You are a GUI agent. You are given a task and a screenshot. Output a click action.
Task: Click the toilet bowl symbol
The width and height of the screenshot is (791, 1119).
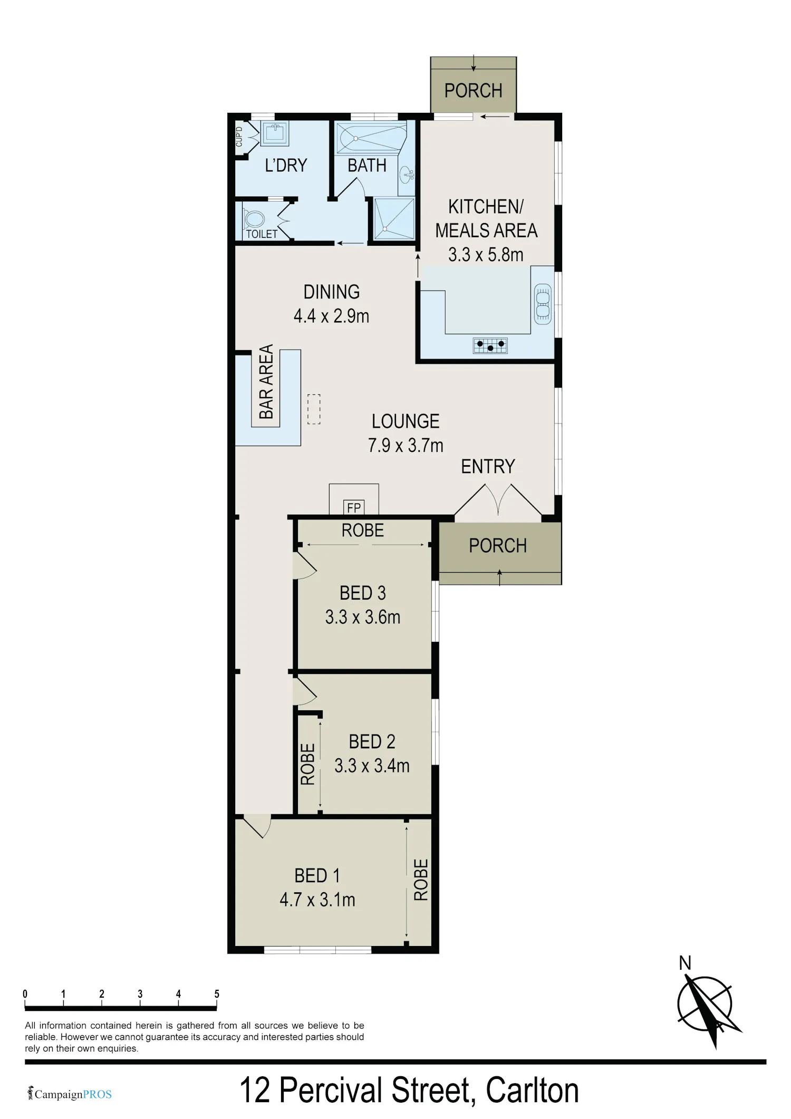point(254,219)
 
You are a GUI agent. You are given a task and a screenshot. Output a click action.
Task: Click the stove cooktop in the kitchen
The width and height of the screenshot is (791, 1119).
point(490,346)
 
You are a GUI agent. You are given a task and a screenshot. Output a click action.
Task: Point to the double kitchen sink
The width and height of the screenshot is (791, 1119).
point(543,304)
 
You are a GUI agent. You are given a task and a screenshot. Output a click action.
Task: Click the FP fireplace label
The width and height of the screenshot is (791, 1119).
point(354,507)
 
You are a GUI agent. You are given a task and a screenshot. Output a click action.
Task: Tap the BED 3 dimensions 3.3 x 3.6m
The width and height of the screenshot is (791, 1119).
point(363,617)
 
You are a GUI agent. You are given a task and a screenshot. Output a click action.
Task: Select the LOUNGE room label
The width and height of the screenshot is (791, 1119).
point(406,421)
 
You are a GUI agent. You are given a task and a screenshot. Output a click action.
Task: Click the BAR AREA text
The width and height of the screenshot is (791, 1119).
point(266,381)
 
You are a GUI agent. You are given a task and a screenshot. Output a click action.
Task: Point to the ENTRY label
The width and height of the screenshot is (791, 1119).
point(488,466)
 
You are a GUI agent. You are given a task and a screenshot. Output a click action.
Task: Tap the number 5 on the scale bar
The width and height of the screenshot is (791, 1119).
point(217,993)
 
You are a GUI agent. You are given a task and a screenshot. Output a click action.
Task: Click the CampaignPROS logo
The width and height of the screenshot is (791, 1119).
point(70,1094)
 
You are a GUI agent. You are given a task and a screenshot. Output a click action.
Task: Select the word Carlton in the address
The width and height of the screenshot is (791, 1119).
point(532,1090)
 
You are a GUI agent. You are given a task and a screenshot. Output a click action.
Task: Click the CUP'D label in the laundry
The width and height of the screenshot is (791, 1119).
point(239,137)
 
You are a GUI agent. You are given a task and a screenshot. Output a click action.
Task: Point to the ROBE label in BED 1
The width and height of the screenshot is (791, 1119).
point(421,880)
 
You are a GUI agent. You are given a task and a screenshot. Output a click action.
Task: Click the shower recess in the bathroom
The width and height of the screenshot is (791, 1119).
point(394,218)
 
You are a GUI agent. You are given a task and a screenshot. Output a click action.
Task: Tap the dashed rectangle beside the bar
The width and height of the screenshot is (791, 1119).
point(314,409)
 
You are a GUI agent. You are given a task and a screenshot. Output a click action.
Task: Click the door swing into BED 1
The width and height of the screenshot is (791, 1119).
point(257,826)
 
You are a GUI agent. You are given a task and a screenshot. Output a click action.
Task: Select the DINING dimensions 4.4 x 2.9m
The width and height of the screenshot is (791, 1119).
point(331,316)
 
